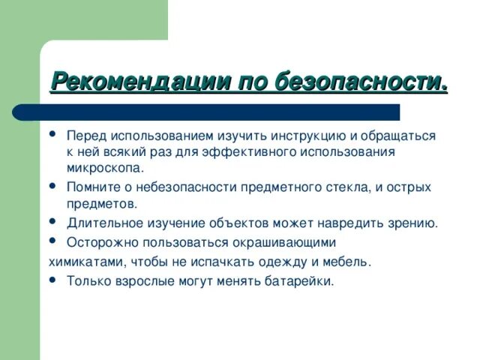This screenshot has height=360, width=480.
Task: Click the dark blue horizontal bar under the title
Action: point(206,112)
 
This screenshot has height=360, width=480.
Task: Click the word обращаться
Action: point(393,136)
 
